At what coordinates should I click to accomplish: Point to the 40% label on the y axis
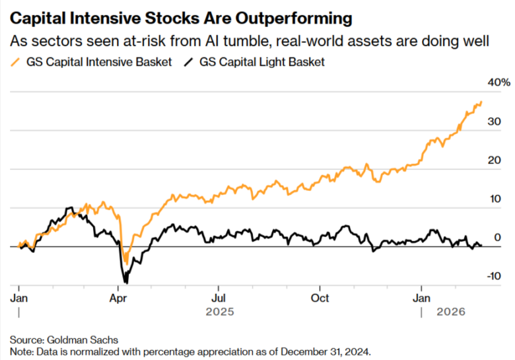click(498, 83)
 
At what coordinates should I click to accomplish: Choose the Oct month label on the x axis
click(320, 298)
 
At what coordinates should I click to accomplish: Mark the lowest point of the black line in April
click(125, 283)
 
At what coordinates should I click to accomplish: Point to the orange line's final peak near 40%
click(481, 102)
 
